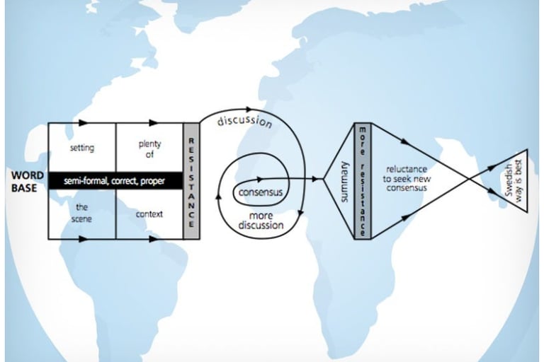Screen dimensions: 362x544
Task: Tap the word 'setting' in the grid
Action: [x=82, y=148]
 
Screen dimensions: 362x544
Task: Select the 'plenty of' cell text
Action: [x=149, y=148]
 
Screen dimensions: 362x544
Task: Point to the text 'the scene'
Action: [x=82, y=214]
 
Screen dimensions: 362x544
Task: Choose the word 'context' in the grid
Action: [x=149, y=213]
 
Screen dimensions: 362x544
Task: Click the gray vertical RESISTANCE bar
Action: [x=191, y=181]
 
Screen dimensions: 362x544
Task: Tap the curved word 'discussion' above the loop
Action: [x=244, y=121]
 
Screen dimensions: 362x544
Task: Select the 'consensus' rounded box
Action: [x=261, y=192]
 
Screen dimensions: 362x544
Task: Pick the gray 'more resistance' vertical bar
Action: [x=362, y=181]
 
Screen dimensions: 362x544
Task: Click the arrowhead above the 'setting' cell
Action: [x=84, y=123]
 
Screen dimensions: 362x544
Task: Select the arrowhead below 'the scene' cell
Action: [x=84, y=240]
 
